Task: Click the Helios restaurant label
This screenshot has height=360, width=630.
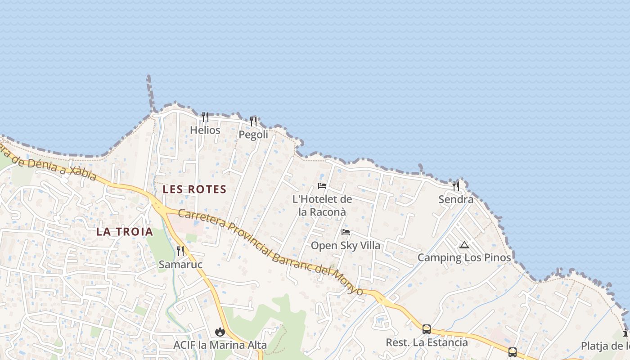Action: pyautogui.click(x=205, y=130)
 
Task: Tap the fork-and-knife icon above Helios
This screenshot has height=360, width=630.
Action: pyautogui.click(x=205, y=117)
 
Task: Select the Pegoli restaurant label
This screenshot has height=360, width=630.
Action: pyautogui.click(x=253, y=135)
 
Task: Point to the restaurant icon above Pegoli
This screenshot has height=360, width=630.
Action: pyautogui.click(x=253, y=121)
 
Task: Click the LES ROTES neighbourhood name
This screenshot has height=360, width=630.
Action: pyautogui.click(x=194, y=189)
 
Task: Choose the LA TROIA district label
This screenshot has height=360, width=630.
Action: pyautogui.click(x=125, y=232)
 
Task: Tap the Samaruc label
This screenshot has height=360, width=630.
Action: pyautogui.click(x=180, y=265)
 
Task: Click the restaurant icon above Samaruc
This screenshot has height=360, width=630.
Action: pyautogui.click(x=180, y=251)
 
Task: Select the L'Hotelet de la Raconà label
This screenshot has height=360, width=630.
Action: pyautogui.click(x=322, y=205)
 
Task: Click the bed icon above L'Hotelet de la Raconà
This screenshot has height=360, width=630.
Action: pyautogui.click(x=322, y=185)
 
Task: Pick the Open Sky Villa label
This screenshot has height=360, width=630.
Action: pyautogui.click(x=346, y=246)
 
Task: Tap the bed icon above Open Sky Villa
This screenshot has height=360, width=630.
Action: pyautogui.click(x=346, y=232)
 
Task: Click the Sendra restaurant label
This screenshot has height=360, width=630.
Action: pyautogui.click(x=456, y=199)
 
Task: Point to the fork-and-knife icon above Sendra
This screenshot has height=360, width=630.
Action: pyautogui.click(x=456, y=186)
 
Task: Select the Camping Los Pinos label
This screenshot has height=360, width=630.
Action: pyautogui.click(x=464, y=258)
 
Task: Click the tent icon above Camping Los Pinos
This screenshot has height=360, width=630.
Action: pyautogui.click(x=464, y=245)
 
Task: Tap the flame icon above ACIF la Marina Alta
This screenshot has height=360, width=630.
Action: pyautogui.click(x=220, y=332)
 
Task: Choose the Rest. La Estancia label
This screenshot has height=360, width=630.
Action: pyautogui.click(x=427, y=342)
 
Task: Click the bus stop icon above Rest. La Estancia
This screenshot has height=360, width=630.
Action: pyautogui.click(x=427, y=329)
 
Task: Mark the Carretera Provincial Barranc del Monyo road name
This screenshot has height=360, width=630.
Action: pyautogui.click(x=270, y=251)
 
